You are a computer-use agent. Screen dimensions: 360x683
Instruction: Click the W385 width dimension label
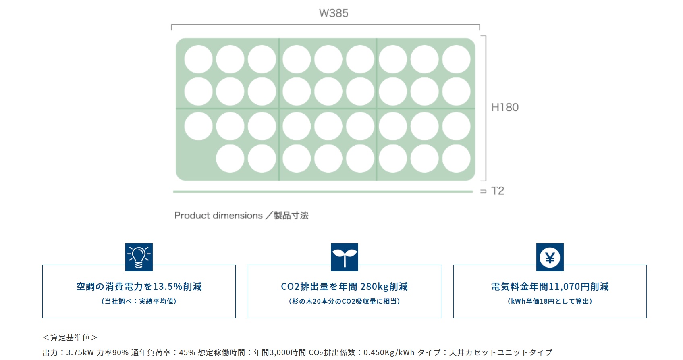pos(334,13)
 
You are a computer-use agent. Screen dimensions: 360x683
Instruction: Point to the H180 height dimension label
pos(505,107)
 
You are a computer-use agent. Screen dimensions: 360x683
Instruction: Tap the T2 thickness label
pos(498,191)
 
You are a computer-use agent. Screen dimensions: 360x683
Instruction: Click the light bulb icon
pos(139,257)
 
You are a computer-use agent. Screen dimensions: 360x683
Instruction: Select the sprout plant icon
pos(345,257)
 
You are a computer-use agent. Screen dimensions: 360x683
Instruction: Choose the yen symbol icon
pos(550,257)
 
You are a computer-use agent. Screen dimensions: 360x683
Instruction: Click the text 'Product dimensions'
pos(218,216)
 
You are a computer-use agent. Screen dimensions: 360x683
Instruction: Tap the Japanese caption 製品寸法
pos(291,216)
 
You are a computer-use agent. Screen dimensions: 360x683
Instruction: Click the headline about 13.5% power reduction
pos(139,287)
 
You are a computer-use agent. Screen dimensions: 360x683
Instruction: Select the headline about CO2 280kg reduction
pos(345,287)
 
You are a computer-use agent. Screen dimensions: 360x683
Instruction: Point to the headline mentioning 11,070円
pos(550,287)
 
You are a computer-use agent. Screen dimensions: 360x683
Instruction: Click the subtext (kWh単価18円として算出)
pos(550,301)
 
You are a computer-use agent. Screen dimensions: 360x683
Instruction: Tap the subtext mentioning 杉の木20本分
pos(345,301)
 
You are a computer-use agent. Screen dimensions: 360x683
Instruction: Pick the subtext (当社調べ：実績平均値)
pos(139,301)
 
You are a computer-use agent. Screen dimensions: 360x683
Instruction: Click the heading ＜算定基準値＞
pos(70,337)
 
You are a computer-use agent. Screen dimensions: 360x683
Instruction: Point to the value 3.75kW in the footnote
pos(80,353)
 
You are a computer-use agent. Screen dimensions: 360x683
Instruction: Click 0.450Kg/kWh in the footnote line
pos(389,353)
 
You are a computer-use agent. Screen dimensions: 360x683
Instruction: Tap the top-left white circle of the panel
pos(198,59)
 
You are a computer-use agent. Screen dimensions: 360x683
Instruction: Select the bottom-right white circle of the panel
pos(456,159)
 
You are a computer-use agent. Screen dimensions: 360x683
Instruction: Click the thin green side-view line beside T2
pos(322,192)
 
